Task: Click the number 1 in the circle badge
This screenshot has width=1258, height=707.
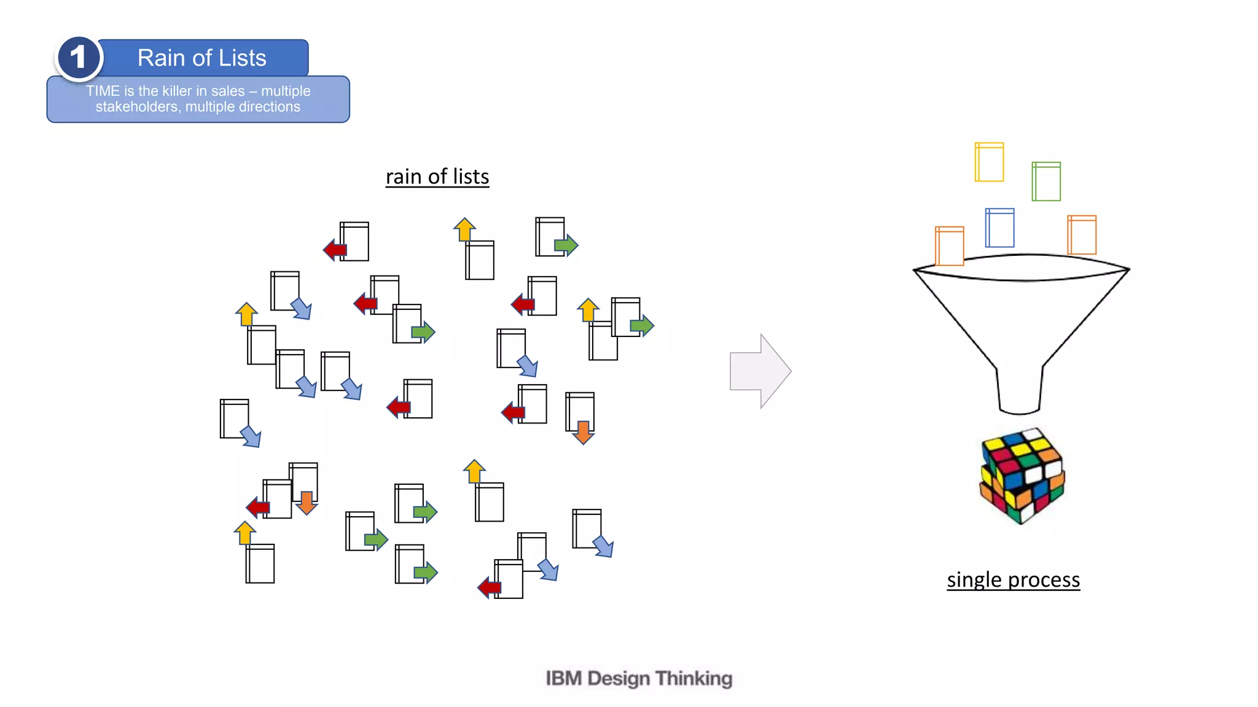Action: click(x=78, y=58)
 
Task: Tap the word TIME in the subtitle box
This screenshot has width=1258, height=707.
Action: click(x=102, y=91)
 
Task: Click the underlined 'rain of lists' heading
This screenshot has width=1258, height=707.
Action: click(x=437, y=177)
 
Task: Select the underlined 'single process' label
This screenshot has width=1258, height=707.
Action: click(x=1013, y=579)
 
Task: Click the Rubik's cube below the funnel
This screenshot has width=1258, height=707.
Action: click(x=1022, y=476)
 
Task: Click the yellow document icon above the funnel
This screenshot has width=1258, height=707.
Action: click(x=989, y=162)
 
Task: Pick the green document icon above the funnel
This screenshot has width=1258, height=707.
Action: click(x=1046, y=182)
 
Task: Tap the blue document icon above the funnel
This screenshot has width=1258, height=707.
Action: click(x=999, y=228)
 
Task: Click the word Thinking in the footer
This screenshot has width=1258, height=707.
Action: click(x=693, y=678)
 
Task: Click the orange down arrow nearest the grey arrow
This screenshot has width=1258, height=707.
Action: click(x=583, y=431)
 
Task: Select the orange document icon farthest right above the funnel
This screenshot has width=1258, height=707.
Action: click(x=1082, y=235)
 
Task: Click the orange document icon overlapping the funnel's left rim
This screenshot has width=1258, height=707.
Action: click(x=949, y=246)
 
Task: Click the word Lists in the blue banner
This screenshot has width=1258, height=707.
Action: click(x=242, y=58)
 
